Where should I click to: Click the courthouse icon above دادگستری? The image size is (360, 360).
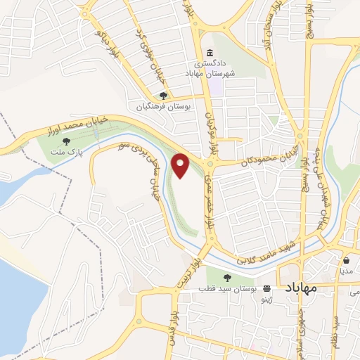[x=210, y=53]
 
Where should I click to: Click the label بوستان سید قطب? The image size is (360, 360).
[x=225, y=290]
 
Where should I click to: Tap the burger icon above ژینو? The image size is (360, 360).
[x=267, y=289]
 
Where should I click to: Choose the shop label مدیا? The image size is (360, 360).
[x=347, y=270]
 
